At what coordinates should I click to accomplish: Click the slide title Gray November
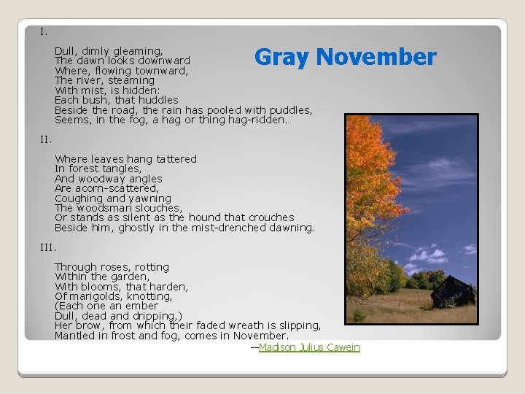tap(345, 57)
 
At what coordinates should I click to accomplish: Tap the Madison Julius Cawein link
tap(309, 347)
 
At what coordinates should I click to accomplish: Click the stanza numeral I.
tap(44, 31)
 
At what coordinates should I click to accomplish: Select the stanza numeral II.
tap(46, 139)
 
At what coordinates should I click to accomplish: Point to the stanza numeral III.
tap(48, 247)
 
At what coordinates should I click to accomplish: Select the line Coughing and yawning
tap(113, 198)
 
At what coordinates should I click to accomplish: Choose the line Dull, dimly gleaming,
tap(109, 51)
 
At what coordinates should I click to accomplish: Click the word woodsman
tap(104, 208)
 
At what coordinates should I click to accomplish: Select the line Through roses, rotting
tap(112, 267)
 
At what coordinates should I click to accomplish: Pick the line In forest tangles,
tap(98, 169)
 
